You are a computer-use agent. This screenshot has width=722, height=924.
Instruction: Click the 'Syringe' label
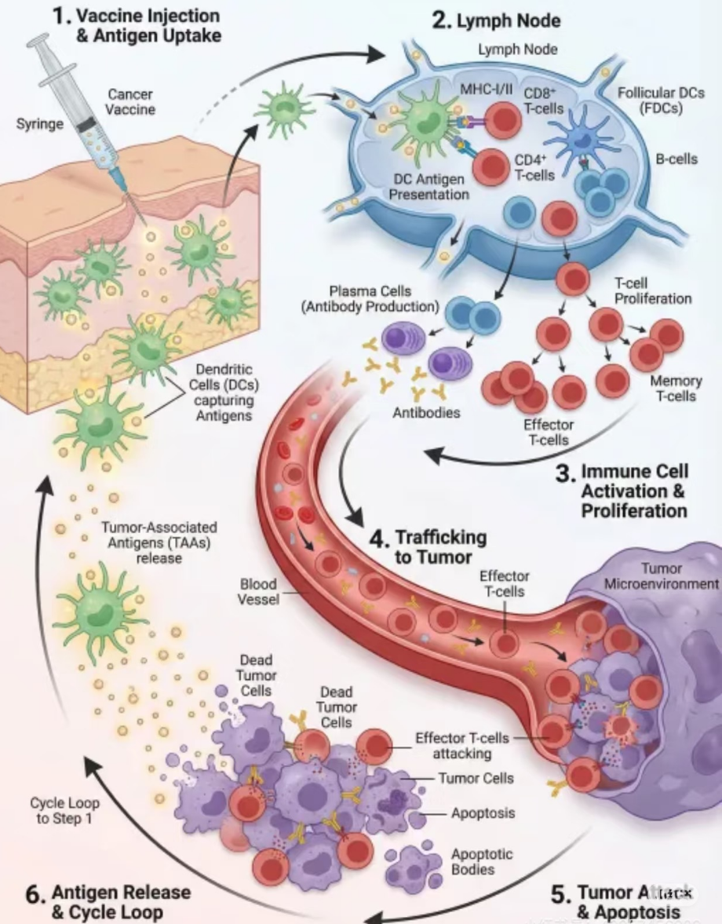(x=39, y=124)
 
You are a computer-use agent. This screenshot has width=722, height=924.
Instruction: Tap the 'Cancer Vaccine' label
(x=130, y=102)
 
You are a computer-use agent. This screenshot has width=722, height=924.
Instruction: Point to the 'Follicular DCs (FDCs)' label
(x=661, y=100)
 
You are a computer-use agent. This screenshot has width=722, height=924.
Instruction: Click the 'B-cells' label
(x=676, y=159)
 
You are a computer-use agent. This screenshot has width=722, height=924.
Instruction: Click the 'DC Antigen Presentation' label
(x=429, y=187)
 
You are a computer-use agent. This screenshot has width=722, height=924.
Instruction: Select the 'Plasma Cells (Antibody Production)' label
(x=370, y=299)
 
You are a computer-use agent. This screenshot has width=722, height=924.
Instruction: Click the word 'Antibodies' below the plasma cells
(x=426, y=412)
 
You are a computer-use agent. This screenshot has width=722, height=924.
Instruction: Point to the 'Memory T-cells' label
(x=676, y=389)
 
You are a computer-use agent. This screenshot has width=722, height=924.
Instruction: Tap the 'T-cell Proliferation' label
(x=653, y=290)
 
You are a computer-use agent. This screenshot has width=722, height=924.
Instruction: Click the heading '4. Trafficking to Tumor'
(x=428, y=547)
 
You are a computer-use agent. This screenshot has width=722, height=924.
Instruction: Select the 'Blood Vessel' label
(x=258, y=592)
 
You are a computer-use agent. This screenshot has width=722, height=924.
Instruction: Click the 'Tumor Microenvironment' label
(x=662, y=576)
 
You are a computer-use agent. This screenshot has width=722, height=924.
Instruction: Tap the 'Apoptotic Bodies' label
(x=473, y=861)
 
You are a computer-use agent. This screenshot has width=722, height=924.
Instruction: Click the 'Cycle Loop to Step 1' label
(x=64, y=810)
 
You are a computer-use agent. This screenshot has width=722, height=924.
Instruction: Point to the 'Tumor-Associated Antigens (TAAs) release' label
(x=159, y=542)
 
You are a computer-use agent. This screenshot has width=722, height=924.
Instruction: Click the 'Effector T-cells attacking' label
(x=462, y=746)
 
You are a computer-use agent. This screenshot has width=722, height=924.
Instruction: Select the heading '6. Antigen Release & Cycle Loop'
(x=108, y=902)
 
